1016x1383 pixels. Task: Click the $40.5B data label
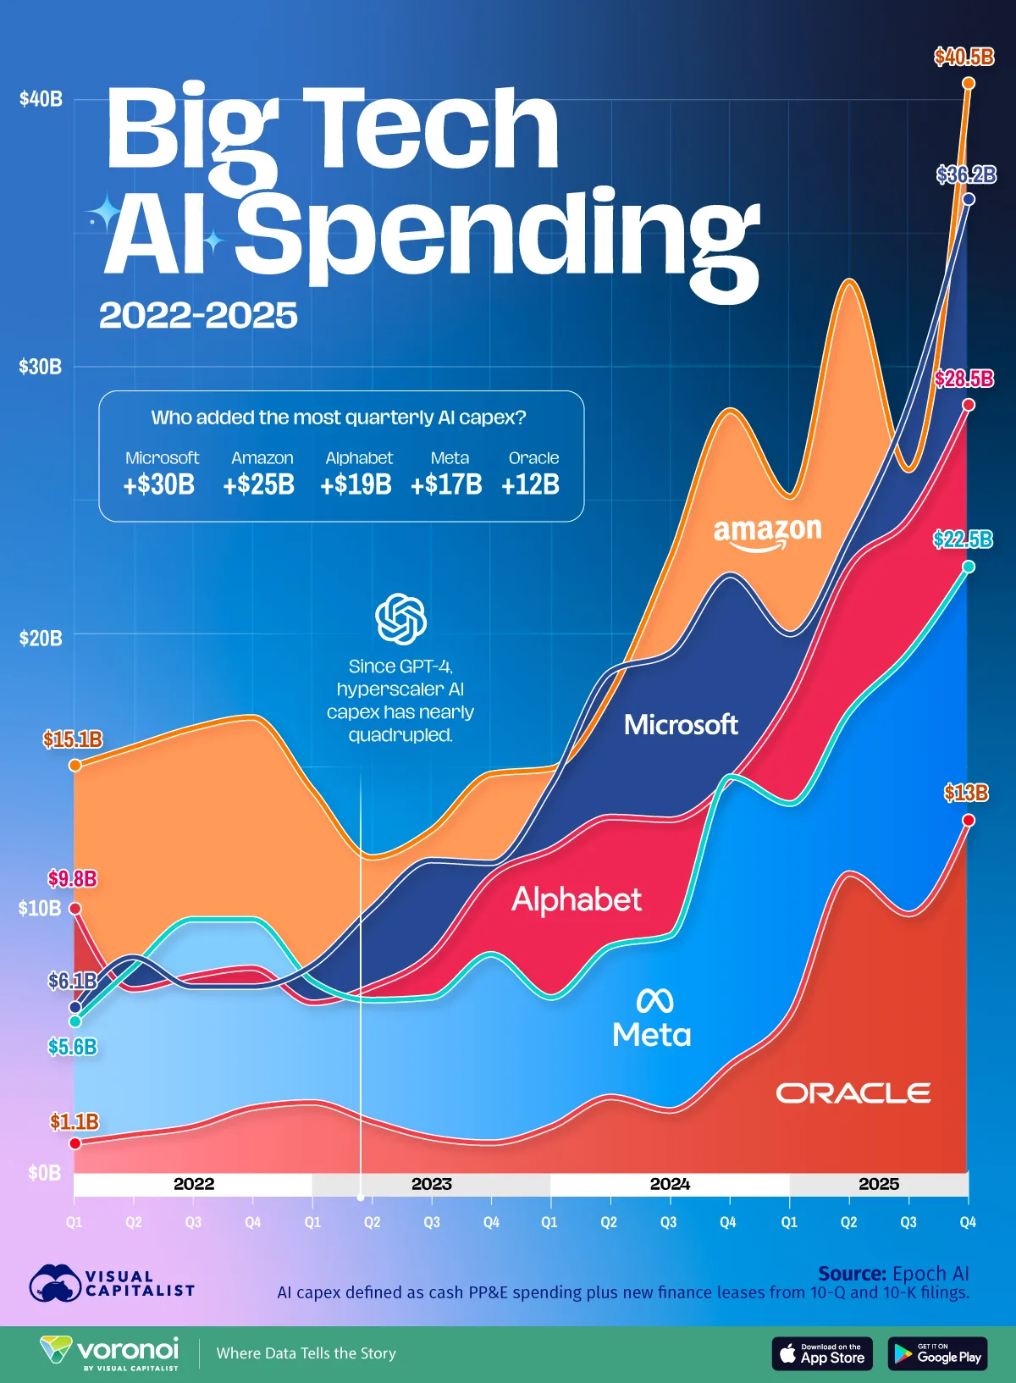964,58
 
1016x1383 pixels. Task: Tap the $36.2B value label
965,175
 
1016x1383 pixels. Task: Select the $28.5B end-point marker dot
969,405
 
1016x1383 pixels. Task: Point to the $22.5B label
963,539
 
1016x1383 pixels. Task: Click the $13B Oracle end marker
969,820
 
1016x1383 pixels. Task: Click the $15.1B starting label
73,739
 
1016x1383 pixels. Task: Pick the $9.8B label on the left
72,878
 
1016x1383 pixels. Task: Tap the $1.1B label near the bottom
75,1121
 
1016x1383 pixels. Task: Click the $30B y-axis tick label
41,367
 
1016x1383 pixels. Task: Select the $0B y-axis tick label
44,1172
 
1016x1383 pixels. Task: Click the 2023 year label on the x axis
431,1184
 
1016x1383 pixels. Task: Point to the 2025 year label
878,1184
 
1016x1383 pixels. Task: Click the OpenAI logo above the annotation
400,618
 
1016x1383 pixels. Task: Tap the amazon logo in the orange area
767,534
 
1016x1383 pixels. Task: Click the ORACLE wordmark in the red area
853,1093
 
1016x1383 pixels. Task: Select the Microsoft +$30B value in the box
159,484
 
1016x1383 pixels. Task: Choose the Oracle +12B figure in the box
530,484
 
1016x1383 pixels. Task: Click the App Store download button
821,1353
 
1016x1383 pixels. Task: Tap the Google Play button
937,1353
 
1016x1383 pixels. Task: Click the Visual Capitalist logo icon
55,1283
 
